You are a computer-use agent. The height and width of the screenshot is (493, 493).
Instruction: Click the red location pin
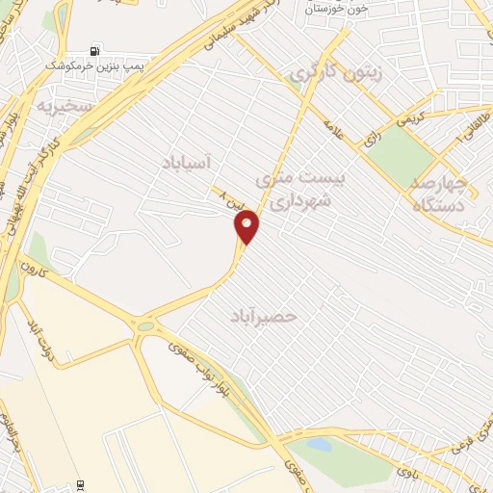(x=248, y=227)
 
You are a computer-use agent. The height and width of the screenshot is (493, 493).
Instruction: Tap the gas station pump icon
(x=93, y=50)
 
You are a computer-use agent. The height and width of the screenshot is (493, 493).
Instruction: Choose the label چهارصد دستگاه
(x=438, y=194)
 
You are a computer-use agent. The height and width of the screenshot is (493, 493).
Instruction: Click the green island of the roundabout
(x=145, y=326)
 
